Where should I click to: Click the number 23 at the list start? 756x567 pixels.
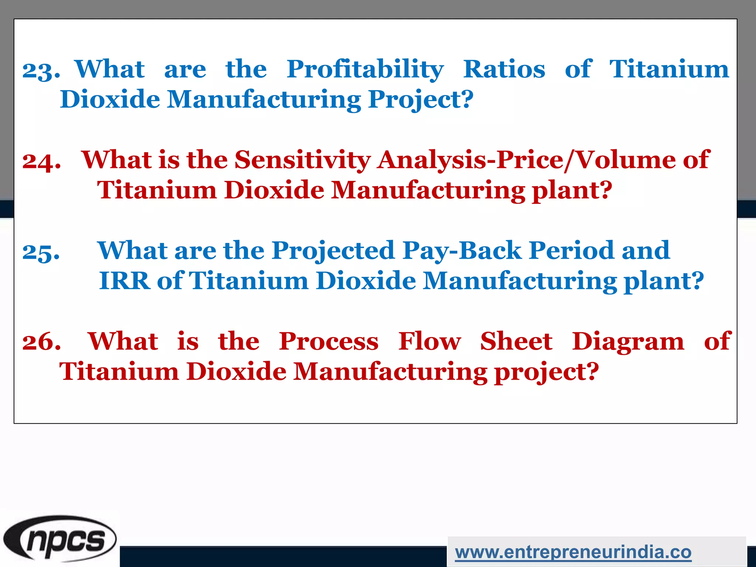tap(41, 70)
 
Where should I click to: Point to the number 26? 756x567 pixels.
tap(41, 342)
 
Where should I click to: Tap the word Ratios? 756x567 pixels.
tap(504, 69)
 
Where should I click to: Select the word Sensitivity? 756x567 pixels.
tap(303, 160)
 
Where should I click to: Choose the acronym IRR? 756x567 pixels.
tap(125, 281)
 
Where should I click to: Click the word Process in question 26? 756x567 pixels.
tap(329, 341)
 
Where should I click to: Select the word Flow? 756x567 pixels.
tap(429, 341)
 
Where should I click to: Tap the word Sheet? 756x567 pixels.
tap(516, 341)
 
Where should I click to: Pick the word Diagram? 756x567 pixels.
tap(628, 341)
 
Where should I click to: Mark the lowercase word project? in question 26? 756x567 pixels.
tap(546, 372)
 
